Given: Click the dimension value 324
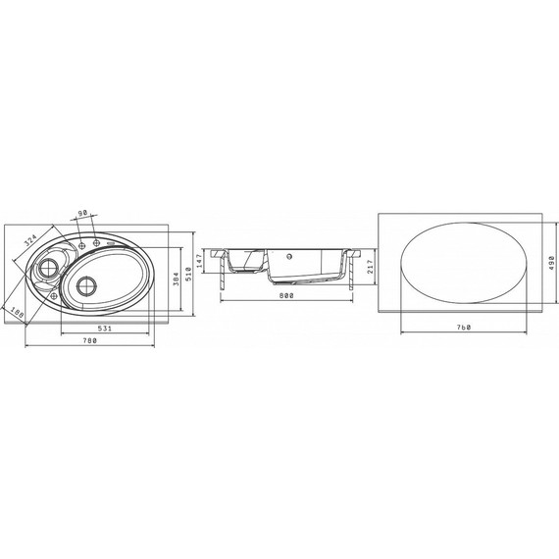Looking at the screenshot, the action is [30, 240].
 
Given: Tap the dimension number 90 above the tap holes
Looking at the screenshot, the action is [82, 213].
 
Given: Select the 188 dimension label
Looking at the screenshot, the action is [17, 312].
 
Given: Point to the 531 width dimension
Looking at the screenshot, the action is [105, 329].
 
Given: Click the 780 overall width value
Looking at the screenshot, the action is [90, 340].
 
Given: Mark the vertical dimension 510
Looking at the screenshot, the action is [188, 274].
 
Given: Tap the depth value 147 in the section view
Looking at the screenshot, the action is [199, 261].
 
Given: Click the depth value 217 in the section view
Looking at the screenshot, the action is [370, 267].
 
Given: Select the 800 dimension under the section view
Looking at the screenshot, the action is [286, 295].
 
